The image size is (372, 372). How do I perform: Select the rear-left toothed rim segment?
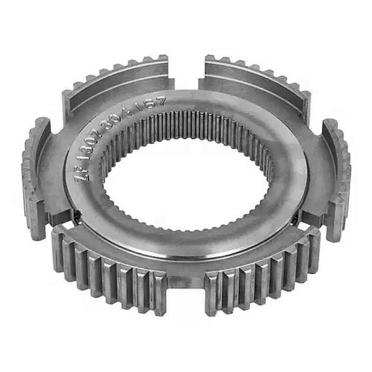[118, 81]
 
